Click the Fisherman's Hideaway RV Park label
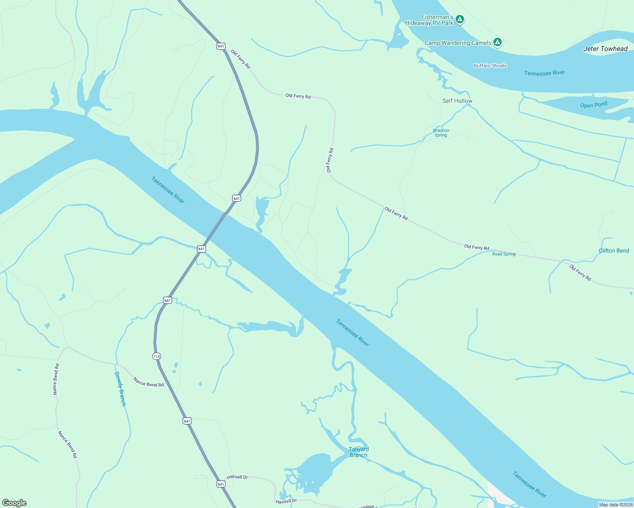pos(429,20)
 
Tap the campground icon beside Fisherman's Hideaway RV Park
pos(460,19)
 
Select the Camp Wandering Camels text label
pos(458,43)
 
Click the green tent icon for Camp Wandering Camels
pos(498,42)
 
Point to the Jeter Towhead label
pos(605,49)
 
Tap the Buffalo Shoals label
pos(490,66)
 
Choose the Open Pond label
pos(593,105)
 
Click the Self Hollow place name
pos(457,101)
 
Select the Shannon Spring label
pos(441,133)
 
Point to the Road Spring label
pos(504,254)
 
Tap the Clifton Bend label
pos(614,251)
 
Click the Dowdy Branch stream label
pos(120,389)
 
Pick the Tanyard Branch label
pos(359,452)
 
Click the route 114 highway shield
pos(156,356)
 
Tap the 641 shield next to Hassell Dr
pos(220,483)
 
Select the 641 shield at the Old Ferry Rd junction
pos(221,46)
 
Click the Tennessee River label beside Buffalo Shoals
pos(544,73)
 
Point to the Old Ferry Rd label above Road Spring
pos(476,247)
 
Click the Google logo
pos(14,503)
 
